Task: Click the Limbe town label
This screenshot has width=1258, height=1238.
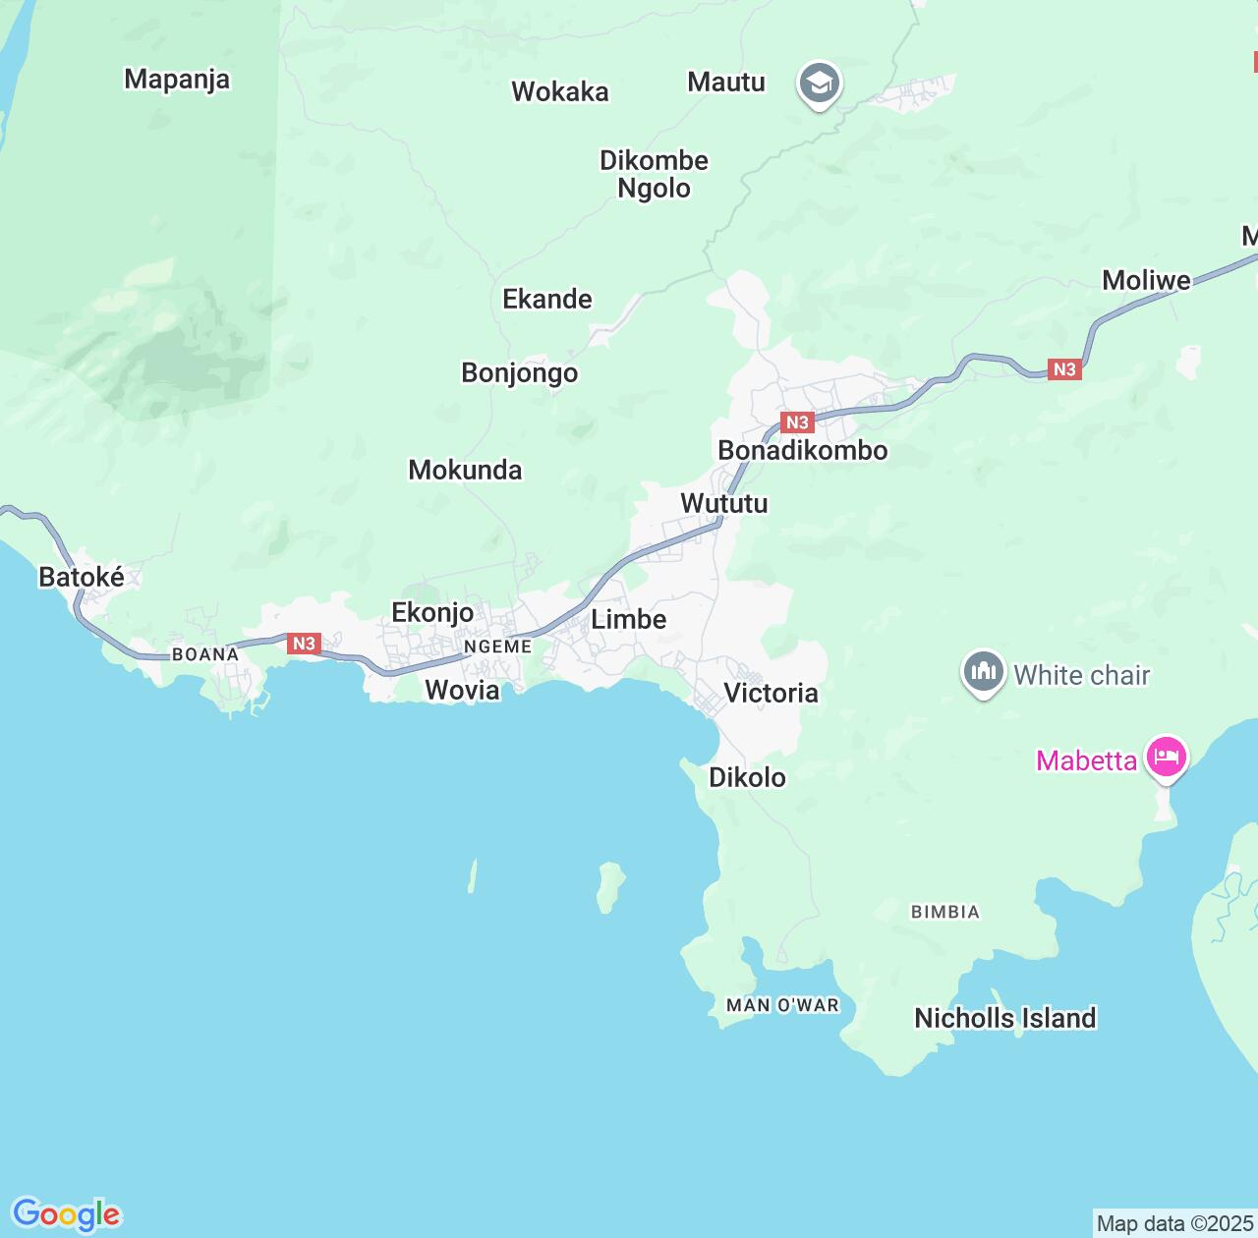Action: tap(628, 619)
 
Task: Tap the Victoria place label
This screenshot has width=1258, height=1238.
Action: tap(771, 693)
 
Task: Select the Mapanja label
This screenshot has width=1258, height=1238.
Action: tap(177, 79)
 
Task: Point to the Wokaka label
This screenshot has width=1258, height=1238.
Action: tap(560, 91)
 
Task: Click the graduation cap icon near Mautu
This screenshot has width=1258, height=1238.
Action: tap(818, 84)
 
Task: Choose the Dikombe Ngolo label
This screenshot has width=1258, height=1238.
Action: tap(654, 174)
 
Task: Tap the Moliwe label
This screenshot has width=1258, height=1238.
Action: tap(1146, 280)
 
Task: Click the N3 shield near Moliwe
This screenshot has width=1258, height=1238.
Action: tap(1064, 369)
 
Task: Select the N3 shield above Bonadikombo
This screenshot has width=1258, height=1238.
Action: tap(797, 422)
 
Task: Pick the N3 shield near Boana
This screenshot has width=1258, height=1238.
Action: tap(304, 644)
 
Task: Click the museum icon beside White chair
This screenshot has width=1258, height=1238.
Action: tap(983, 673)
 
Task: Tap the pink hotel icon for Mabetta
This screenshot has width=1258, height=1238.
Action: tap(1166, 758)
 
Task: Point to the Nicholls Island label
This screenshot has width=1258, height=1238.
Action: tap(1004, 1018)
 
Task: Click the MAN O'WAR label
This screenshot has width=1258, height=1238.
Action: tap(782, 1005)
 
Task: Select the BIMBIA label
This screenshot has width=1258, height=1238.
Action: tap(944, 912)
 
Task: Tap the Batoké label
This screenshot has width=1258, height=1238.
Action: tap(82, 577)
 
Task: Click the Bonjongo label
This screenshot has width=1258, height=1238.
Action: tap(520, 373)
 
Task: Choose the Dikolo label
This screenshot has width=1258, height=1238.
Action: tap(747, 777)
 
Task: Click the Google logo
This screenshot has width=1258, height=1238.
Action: tap(67, 1214)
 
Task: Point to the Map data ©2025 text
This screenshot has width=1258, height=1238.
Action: tap(1174, 1223)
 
